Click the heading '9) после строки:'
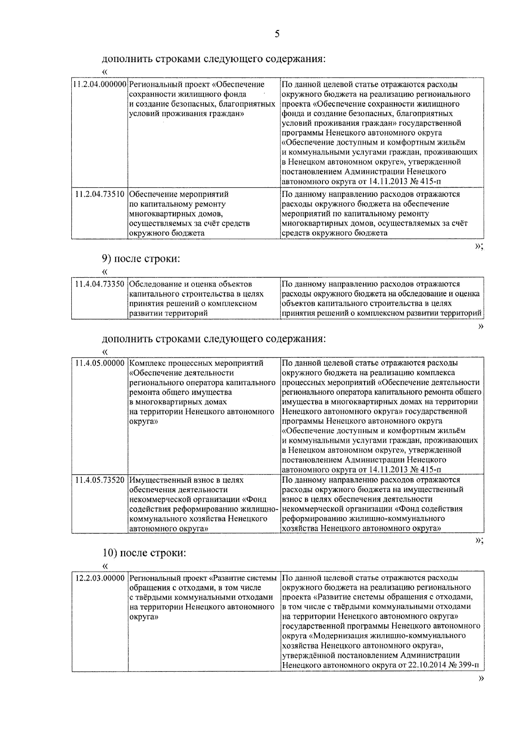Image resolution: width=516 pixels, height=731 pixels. (141, 259)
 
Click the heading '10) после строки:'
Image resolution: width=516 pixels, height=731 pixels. (144, 553)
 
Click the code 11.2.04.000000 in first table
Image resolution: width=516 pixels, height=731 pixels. (100, 84)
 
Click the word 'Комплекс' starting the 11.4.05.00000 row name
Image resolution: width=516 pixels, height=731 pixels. (146, 363)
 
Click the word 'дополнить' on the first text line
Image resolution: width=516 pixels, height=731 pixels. (123, 59)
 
